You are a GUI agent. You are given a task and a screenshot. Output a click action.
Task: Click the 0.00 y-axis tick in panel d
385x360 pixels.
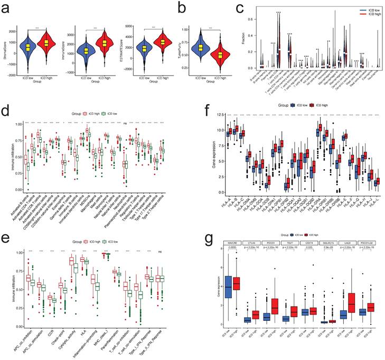[15, 190]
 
